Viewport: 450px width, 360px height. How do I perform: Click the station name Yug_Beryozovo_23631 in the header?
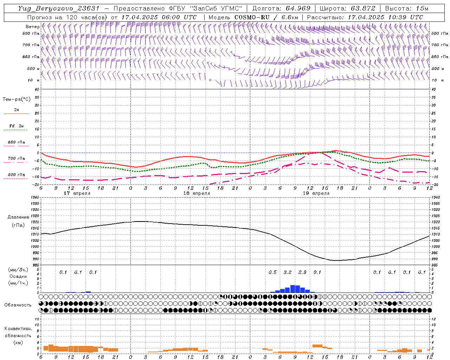click(59, 8)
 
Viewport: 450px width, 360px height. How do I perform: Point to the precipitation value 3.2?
click(288, 272)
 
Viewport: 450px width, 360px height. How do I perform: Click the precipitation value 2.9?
click(302, 272)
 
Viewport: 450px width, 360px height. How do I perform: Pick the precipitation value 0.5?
click(272, 272)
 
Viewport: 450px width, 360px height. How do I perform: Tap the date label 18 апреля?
click(197, 193)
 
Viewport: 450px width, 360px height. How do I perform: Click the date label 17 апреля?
click(77, 193)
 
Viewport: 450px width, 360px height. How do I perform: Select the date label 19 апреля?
click(316, 193)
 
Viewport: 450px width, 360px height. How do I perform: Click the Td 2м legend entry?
click(17, 126)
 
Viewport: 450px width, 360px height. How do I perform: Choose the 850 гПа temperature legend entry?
click(17, 142)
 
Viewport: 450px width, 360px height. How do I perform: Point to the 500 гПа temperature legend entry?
click(17, 175)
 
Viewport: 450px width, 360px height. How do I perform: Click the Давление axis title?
click(18, 217)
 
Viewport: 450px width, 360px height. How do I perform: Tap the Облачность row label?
click(18, 305)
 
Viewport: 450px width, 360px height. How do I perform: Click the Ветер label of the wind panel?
click(32, 27)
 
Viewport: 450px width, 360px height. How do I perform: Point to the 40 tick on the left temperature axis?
click(37, 89)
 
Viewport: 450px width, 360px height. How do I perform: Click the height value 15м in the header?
click(421, 8)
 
